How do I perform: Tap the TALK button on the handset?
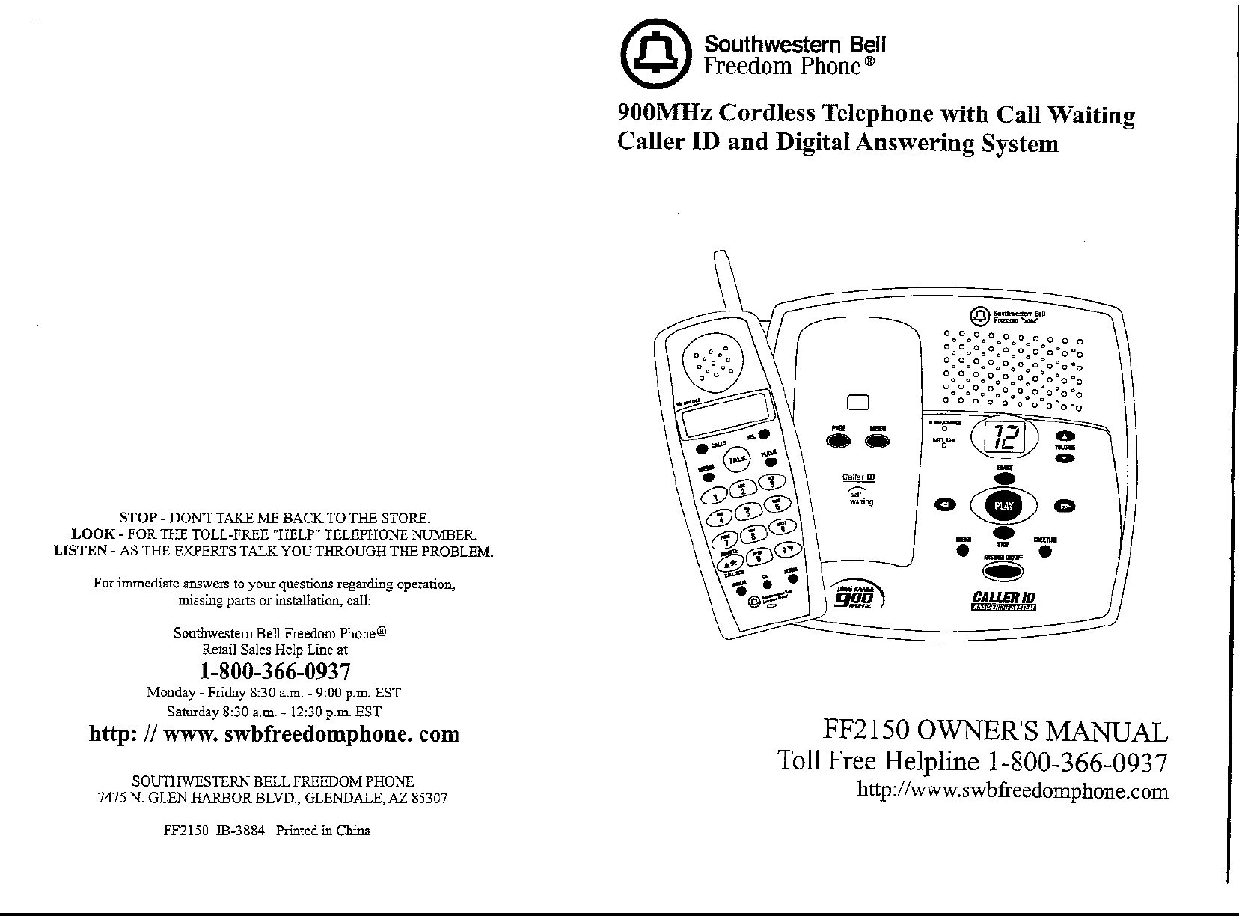[738, 458]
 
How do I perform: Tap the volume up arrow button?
[1064, 436]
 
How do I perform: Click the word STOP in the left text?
[138, 518]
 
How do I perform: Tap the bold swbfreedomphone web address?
[274, 734]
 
